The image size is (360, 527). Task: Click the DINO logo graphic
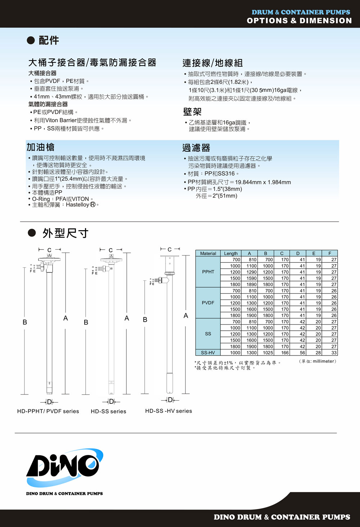coord(64,468)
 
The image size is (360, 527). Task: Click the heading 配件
coord(49,40)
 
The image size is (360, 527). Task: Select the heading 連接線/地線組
coord(212,63)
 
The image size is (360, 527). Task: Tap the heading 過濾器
coord(196,148)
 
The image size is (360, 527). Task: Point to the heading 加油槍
coord(41,147)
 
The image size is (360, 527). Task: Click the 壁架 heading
coord(192,112)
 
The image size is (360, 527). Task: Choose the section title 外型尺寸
coord(65,233)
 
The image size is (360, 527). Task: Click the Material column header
coord(208,253)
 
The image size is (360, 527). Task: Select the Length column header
coord(231,253)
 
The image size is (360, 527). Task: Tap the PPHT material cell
coord(208,272)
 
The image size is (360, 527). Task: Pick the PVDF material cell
coord(208,303)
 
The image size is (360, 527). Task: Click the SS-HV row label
coord(208,353)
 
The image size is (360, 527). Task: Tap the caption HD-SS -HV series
coord(168,411)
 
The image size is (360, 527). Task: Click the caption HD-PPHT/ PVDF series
coord(48,411)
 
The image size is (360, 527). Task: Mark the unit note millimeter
coord(324,361)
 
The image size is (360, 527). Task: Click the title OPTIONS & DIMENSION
coord(299,21)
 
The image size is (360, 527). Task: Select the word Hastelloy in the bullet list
coord(77,205)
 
